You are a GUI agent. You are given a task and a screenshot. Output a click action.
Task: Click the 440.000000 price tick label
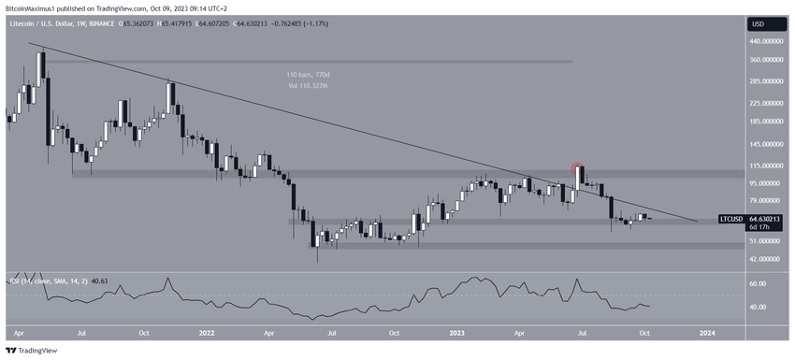pos(767,41)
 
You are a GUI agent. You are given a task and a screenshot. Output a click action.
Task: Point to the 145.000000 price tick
pos(767,145)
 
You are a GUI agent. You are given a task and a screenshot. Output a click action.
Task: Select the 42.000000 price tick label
pos(767,259)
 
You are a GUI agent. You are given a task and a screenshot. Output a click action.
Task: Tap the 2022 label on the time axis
pos(207,332)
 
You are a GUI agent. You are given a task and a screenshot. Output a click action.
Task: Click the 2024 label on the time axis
pos(708,332)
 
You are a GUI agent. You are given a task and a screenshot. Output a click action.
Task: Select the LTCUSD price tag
pos(732,219)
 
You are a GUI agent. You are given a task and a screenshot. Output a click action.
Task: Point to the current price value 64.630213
pos(767,219)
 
